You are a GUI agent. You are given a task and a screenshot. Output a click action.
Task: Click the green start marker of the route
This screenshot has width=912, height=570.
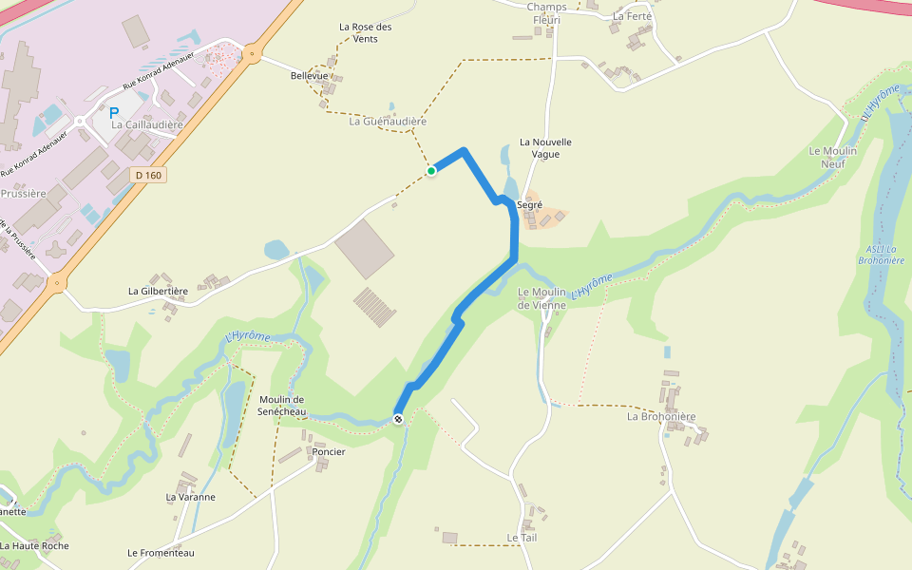(431, 171)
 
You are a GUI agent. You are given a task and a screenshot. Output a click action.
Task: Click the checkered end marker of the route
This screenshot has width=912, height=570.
(398, 419)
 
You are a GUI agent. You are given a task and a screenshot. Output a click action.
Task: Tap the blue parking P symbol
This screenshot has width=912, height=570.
(114, 113)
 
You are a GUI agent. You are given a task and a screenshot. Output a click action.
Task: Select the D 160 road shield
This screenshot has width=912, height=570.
(148, 175)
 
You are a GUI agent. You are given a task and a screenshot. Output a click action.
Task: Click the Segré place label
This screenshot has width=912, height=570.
(529, 204)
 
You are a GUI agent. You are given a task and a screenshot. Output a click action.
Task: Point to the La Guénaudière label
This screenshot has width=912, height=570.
(388, 122)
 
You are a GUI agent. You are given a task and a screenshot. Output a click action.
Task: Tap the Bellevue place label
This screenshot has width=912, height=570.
(310, 75)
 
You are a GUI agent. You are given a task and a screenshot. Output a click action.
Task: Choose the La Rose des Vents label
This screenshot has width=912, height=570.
(365, 32)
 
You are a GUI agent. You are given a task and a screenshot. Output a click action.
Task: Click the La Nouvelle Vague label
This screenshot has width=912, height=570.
(545, 148)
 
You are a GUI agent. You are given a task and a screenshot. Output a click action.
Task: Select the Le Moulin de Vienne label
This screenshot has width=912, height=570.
(541, 298)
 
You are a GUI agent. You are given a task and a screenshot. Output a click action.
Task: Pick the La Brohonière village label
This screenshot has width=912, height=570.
(661, 416)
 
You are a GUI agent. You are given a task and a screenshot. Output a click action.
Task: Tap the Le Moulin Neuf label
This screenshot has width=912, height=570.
(832, 157)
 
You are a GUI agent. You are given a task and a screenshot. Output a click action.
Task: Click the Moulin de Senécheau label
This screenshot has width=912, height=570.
(281, 405)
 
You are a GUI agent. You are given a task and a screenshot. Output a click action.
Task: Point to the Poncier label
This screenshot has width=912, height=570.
(329, 451)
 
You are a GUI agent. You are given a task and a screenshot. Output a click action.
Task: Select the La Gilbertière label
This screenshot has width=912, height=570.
(159, 291)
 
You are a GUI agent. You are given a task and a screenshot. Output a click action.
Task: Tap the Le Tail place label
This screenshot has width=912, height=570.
(522, 538)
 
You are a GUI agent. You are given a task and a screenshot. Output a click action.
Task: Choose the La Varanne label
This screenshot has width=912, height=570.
(191, 497)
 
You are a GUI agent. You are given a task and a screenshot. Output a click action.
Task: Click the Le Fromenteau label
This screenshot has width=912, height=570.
(161, 553)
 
